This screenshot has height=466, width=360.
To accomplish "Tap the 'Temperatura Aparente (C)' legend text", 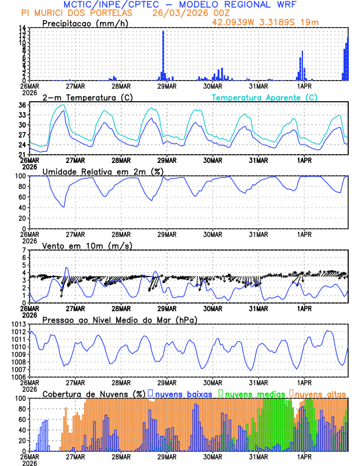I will click(265, 97).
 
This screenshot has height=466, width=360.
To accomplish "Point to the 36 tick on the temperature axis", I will click(21, 105).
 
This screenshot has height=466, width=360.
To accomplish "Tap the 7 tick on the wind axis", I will click(24, 250).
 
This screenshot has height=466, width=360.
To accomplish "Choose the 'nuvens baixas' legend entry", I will click(180, 393).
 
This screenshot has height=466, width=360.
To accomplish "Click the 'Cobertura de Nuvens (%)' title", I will click(94, 393).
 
